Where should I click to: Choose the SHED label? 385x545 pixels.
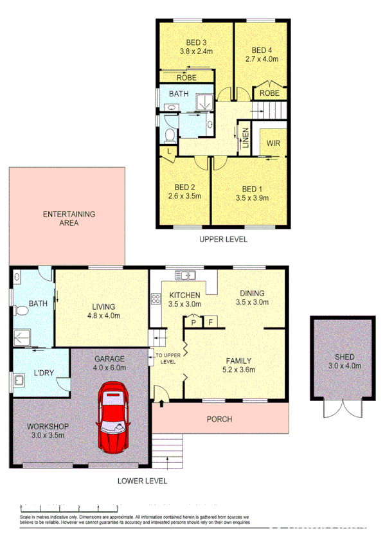344,357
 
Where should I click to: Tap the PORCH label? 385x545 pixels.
219,420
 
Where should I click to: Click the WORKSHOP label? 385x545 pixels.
48,426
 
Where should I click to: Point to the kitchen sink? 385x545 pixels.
186,277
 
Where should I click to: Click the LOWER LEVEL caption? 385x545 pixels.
142,480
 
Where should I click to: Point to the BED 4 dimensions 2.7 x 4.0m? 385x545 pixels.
262,58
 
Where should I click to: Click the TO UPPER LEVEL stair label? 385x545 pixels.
166,357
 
